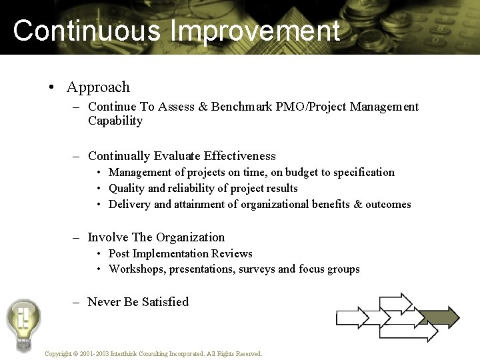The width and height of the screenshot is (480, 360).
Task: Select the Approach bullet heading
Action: tap(98, 87)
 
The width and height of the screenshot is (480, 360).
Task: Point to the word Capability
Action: tap(115, 121)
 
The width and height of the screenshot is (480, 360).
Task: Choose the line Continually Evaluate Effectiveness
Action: tap(181, 156)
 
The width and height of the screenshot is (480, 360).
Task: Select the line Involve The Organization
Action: tap(156, 237)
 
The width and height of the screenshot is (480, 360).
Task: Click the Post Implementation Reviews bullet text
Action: tap(180, 254)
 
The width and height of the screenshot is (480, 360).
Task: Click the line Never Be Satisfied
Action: tap(138, 302)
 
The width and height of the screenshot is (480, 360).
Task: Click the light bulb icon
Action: tap(23, 323)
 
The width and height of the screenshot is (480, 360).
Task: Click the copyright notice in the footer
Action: tap(153, 354)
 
